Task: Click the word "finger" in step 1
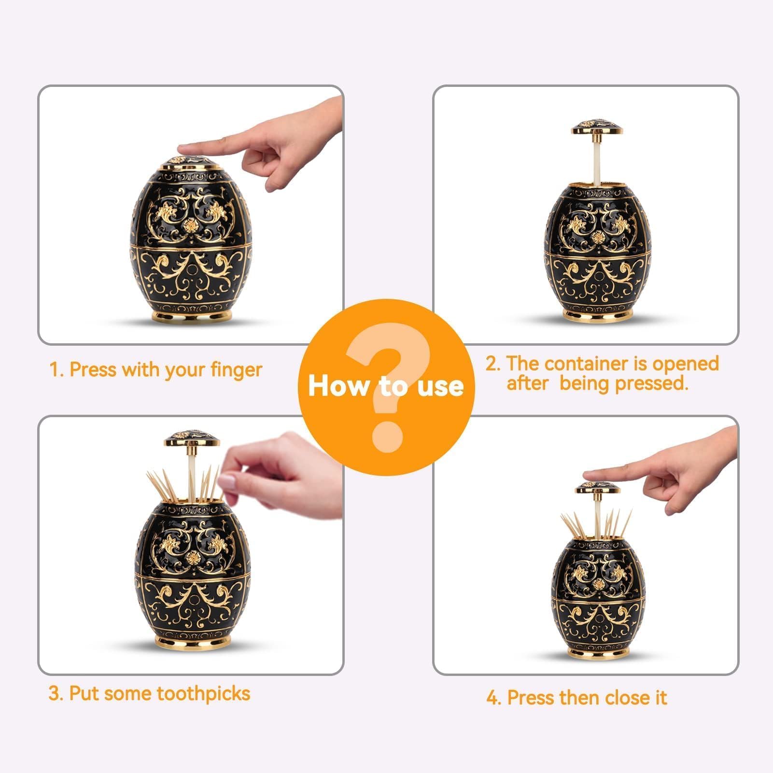pos(236,370)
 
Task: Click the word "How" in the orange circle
pos(338,386)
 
